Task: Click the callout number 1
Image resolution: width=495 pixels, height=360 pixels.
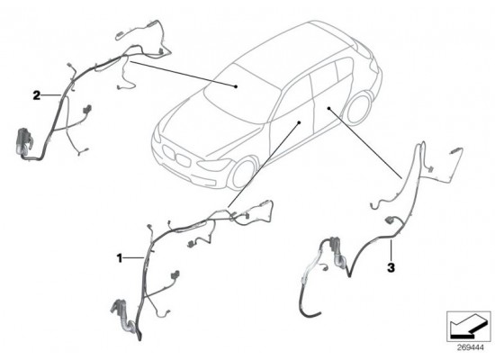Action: point(120,258)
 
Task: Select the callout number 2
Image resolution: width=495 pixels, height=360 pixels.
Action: point(37,95)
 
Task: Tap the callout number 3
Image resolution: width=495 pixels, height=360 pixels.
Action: point(391,268)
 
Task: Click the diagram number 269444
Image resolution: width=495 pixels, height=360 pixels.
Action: point(471,347)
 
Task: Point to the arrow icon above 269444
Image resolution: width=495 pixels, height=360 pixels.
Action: point(464,327)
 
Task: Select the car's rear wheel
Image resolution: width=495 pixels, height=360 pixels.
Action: point(358,108)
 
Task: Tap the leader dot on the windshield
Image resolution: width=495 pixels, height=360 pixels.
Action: point(236,86)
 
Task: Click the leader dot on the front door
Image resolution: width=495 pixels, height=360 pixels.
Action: point(299,122)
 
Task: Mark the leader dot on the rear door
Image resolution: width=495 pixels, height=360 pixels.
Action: point(328,108)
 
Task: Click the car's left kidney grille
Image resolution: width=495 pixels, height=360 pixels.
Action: point(168,152)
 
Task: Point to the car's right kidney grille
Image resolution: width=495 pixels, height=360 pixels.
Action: point(183,160)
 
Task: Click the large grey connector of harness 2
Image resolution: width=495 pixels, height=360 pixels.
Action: point(23,141)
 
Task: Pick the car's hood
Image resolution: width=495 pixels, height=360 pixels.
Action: point(202,125)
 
